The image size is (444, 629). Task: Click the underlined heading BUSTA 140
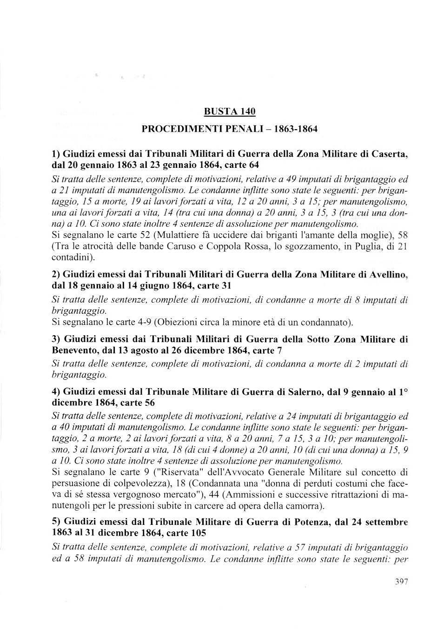pos(230,112)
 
